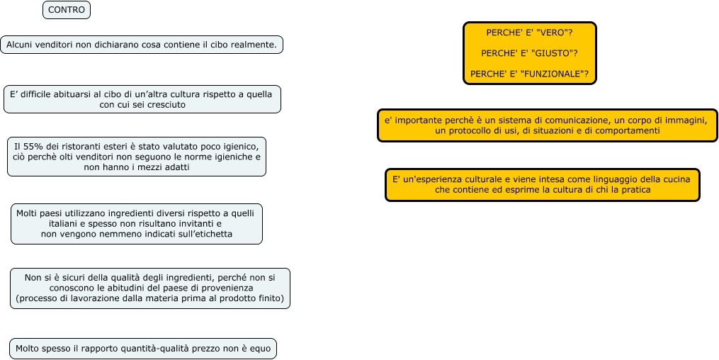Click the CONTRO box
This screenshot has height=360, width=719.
(x=67, y=10)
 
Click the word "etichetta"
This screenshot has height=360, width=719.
(x=210, y=234)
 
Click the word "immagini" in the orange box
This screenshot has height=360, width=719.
(x=679, y=120)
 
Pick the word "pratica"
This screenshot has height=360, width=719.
(x=635, y=190)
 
